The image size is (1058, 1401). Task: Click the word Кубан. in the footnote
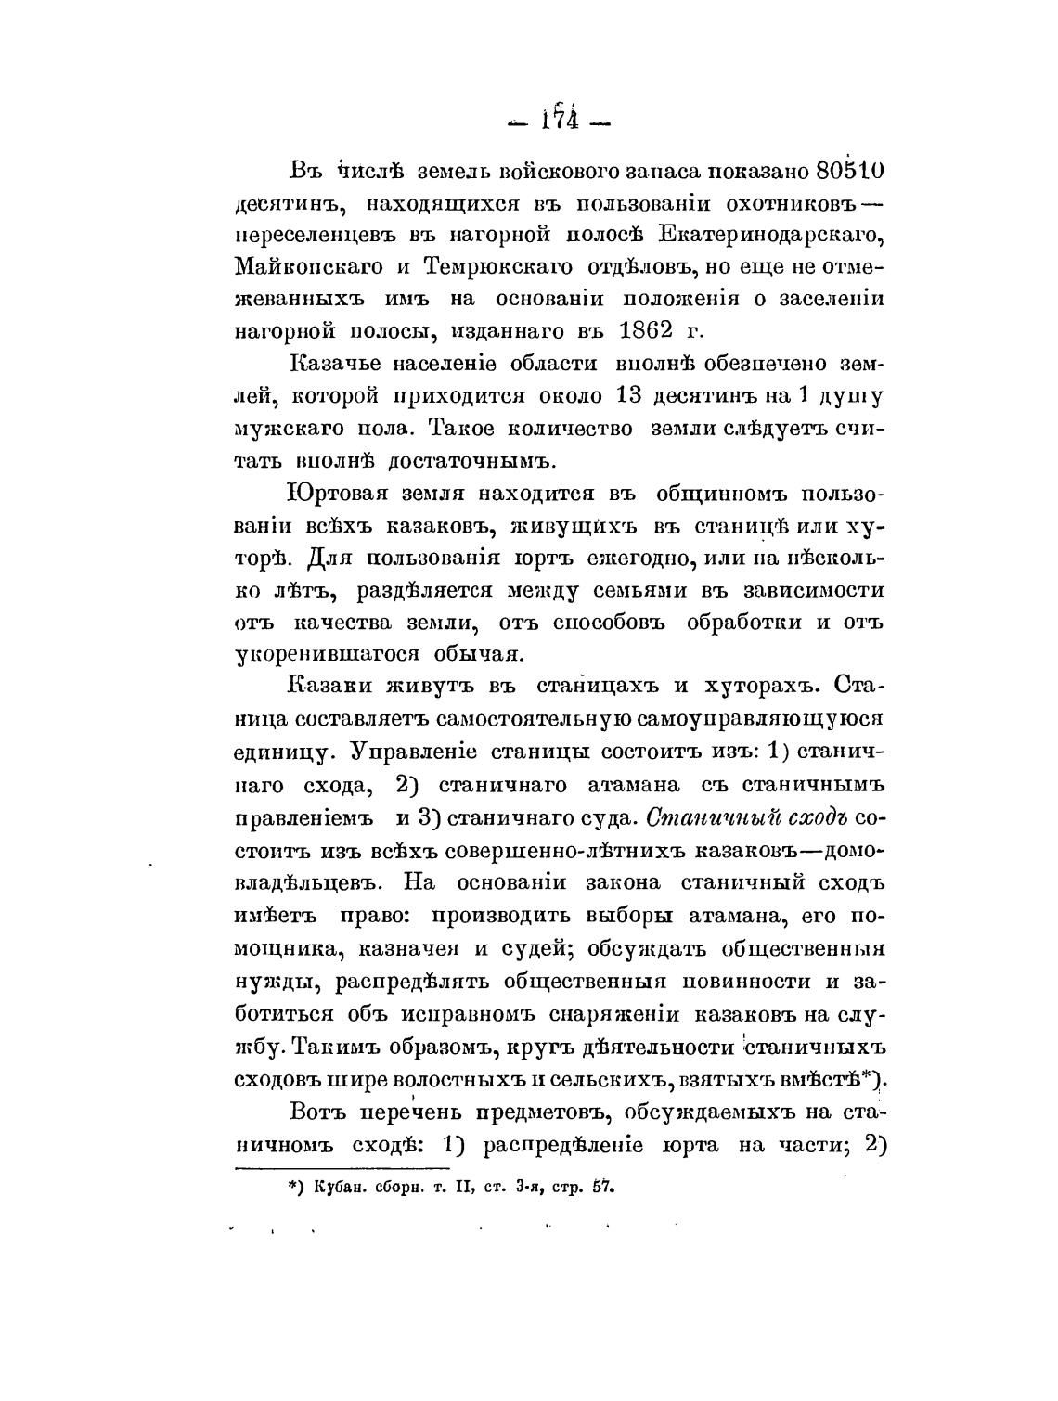[344, 1187]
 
